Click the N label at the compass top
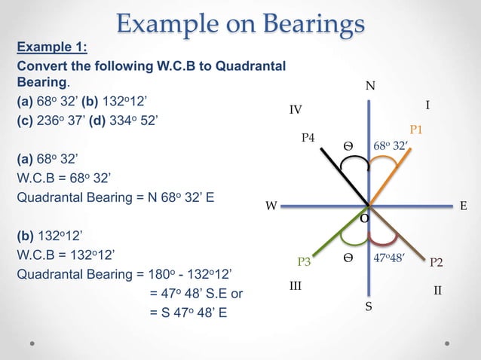pyautogui.click(x=369, y=87)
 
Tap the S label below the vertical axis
pyautogui.click(x=369, y=307)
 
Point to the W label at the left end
pyautogui.click(x=270, y=206)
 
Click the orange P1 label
pyautogui.click(x=415, y=130)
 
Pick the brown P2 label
pyautogui.click(x=436, y=262)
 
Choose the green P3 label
pyautogui.click(x=305, y=262)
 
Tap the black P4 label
pyautogui.click(x=308, y=138)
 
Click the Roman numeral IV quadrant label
pyautogui.click(x=296, y=110)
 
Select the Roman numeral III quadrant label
pyautogui.click(x=296, y=287)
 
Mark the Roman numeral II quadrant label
pyautogui.click(x=437, y=290)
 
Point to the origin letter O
pyautogui.click(x=364, y=218)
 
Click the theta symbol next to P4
pyautogui.click(x=348, y=145)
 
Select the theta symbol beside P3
pyautogui.click(x=348, y=258)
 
